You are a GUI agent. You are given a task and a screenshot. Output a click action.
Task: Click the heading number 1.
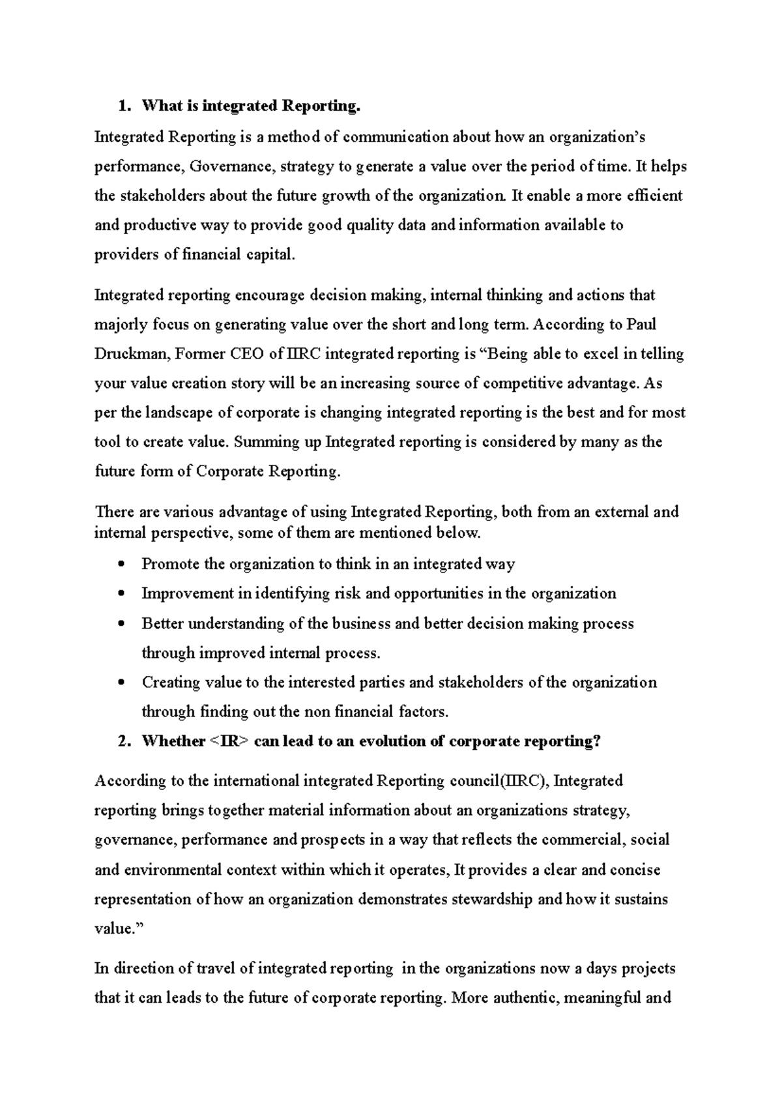122,106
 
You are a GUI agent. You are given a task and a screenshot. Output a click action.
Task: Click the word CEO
248,354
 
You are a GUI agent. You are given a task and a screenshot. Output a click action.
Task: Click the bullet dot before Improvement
122,594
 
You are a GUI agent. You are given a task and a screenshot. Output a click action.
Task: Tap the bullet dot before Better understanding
122,624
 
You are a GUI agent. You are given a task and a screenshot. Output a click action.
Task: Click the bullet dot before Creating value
122,683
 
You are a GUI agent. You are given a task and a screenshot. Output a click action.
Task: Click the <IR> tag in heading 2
229,741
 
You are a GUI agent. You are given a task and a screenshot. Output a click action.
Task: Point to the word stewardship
488,900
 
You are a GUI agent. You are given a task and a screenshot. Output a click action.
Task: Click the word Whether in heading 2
173,741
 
